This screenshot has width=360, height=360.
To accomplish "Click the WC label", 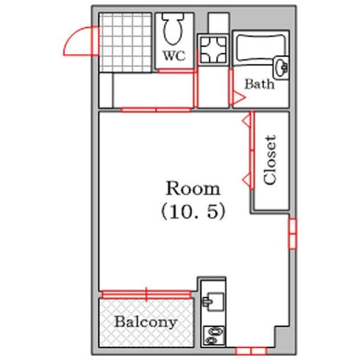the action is tap(174, 56).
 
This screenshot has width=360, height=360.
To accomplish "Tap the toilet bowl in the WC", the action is tap(173, 29).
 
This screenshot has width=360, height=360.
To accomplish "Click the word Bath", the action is tap(259, 84).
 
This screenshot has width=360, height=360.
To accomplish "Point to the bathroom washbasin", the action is tap(281, 68).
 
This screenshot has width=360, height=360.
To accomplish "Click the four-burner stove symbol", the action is tap(213, 50).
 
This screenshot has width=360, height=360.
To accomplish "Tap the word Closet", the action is tap(270, 160).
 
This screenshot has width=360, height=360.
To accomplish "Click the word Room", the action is tap(193, 188).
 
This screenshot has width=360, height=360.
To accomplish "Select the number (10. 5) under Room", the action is tap(193, 212).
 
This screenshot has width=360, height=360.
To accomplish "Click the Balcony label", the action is tap(146, 322).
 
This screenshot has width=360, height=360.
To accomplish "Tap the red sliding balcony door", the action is tap(146, 295).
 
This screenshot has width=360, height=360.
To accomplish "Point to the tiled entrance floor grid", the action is tap(125, 43).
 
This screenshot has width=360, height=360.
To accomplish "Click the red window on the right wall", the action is tap(293, 234).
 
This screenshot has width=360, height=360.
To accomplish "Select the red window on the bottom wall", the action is tap(251, 351).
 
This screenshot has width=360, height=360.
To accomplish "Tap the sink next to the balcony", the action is tap(213, 301).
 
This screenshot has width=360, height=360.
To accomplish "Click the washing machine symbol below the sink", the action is tap(214, 335).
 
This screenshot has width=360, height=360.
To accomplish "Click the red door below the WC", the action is tap(176, 71).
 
